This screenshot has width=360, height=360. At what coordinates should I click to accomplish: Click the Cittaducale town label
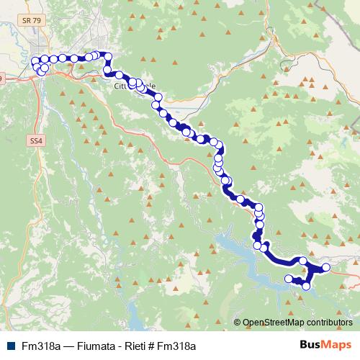click(134, 86)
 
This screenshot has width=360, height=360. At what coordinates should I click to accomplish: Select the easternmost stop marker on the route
click(325, 268)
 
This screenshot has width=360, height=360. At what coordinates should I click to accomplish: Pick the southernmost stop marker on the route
click(306, 286)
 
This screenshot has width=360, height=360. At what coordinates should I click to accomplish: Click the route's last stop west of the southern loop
click(289, 279)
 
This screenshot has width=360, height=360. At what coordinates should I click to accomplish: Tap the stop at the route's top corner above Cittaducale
click(109, 55)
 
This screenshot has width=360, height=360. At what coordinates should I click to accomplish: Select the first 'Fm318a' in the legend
click(39, 346)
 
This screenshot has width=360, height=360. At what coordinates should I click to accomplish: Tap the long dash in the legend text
click(64, 346)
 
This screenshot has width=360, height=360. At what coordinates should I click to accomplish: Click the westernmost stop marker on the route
click(35, 61)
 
